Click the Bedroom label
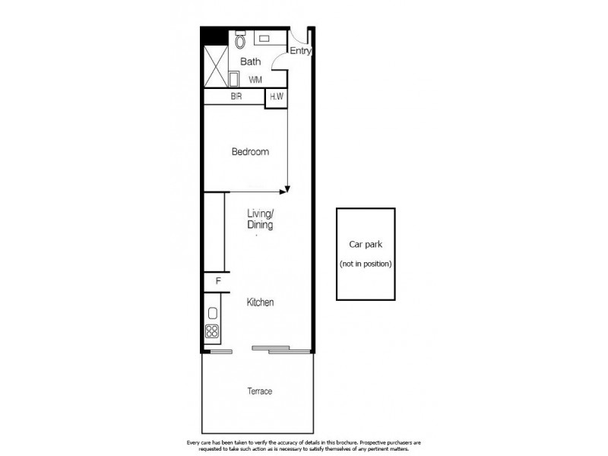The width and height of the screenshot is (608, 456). pos(250,152)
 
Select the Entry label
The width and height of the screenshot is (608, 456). pos(300,51)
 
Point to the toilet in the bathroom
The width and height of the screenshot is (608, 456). pos(240,40)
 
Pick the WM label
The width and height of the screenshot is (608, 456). pos(255,79)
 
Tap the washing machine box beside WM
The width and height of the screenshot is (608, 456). pos(233,79)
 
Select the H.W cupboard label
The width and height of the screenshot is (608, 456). pos(275,97)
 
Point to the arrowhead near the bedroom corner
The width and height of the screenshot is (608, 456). pos(287,189)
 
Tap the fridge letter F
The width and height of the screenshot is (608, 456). pos(218,282)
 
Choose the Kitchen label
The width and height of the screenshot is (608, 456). pos(260,302)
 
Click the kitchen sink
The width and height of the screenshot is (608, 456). pos(213,313)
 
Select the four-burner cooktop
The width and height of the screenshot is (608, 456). pos(212,331)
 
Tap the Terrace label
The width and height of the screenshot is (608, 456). pos(259,391)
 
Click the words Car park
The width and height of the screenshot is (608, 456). pos(366,245)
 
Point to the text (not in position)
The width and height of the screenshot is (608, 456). pos(366,264)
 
